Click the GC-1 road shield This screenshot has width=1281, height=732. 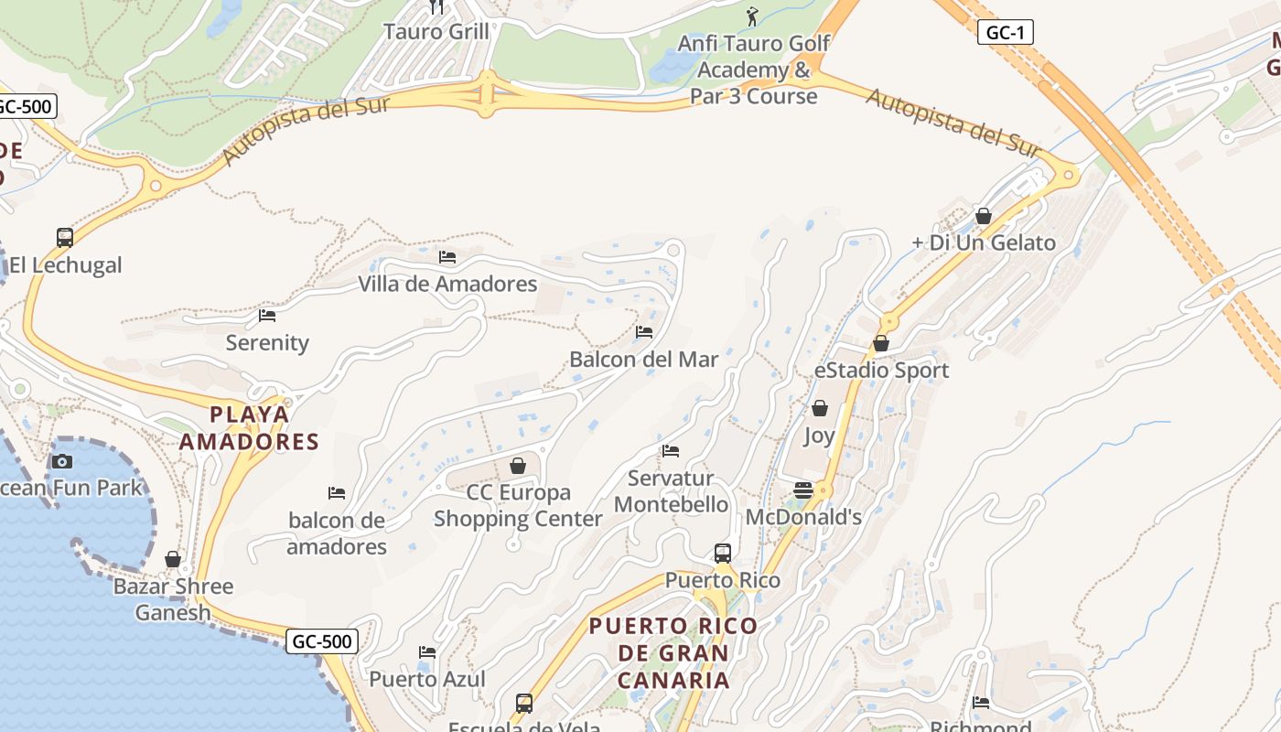click(x=1005, y=33)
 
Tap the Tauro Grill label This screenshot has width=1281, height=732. click(x=436, y=31)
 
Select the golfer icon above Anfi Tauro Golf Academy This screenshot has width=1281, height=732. click(x=752, y=16)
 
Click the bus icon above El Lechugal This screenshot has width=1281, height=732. click(x=64, y=238)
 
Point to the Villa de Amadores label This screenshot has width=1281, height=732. click(x=447, y=284)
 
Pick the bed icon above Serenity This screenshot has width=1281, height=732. click(x=267, y=316)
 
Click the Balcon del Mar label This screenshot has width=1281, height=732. click(x=644, y=360)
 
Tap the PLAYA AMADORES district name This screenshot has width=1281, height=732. click(x=249, y=428)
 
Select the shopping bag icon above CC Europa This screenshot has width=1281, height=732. click(x=518, y=466)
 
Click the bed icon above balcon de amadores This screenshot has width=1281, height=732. click(x=337, y=493)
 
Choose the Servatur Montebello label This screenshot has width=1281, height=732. click(x=672, y=491)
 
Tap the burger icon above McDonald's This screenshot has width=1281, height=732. click(x=803, y=490)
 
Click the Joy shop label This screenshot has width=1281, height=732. click(x=819, y=436)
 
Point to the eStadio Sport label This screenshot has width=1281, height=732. click(x=881, y=371)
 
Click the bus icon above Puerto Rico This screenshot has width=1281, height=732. click(x=723, y=553)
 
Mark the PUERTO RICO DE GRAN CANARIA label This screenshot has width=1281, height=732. click(x=673, y=653)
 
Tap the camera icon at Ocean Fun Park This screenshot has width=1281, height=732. click(x=62, y=461)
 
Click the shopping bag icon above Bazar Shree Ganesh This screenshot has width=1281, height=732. click(x=173, y=558)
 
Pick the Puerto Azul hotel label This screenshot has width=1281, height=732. click(x=427, y=679)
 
